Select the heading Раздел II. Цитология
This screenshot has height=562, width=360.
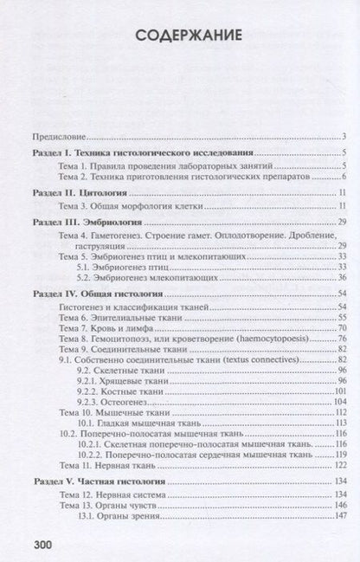tap(73, 191)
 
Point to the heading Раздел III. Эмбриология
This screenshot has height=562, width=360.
tap(80, 222)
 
